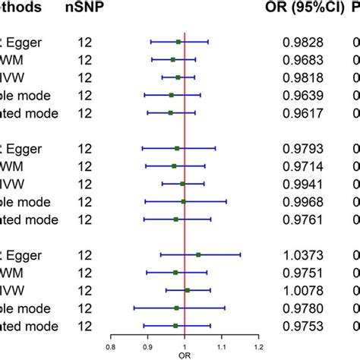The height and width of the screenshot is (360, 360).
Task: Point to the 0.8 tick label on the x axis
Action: [111, 346]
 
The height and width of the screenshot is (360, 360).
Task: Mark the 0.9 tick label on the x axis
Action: [147, 346]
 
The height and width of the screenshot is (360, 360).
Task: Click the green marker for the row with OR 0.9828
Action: [178, 43]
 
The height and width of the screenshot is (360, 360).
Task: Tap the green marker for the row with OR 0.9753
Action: [175, 325]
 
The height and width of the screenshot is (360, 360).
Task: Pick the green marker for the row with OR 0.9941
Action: [182, 184]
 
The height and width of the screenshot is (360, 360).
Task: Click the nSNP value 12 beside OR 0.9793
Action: [84, 148]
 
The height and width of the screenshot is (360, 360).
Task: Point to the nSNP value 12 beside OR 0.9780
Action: [84, 308]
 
